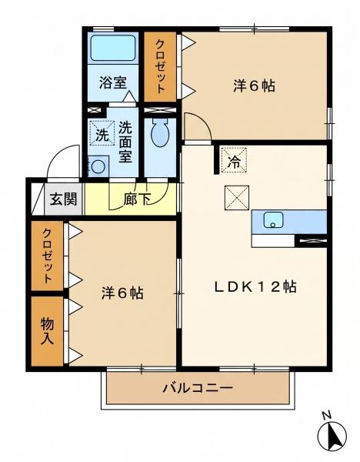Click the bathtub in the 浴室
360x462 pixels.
pyautogui.click(x=113, y=48)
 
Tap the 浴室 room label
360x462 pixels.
pyautogui.click(x=113, y=82)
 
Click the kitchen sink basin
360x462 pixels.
pyautogui.click(x=273, y=219)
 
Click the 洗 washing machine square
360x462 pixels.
pyautogui.click(x=102, y=133)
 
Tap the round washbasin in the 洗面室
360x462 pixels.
pyautogui.click(x=98, y=167)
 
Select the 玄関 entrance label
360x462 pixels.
pyautogui.click(x=63, y=199)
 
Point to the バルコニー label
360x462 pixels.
pyautogui.click(x=198, y=388)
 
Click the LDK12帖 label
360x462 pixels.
pyautogui.click(x=255, y=286)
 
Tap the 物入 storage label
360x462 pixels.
pyautogui.click(x=47, y=331)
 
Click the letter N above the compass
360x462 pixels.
pyautogui.click(x=326, y=415)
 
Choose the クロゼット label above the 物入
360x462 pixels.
pyautogui.click(x=47, y=256)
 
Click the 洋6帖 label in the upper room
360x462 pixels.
pyautogui.click(x=255, y=86)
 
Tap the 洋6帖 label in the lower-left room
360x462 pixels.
pyautogui.click(x=122, y=293)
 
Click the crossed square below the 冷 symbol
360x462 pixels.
pyautogui.click(x=237, y=198)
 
